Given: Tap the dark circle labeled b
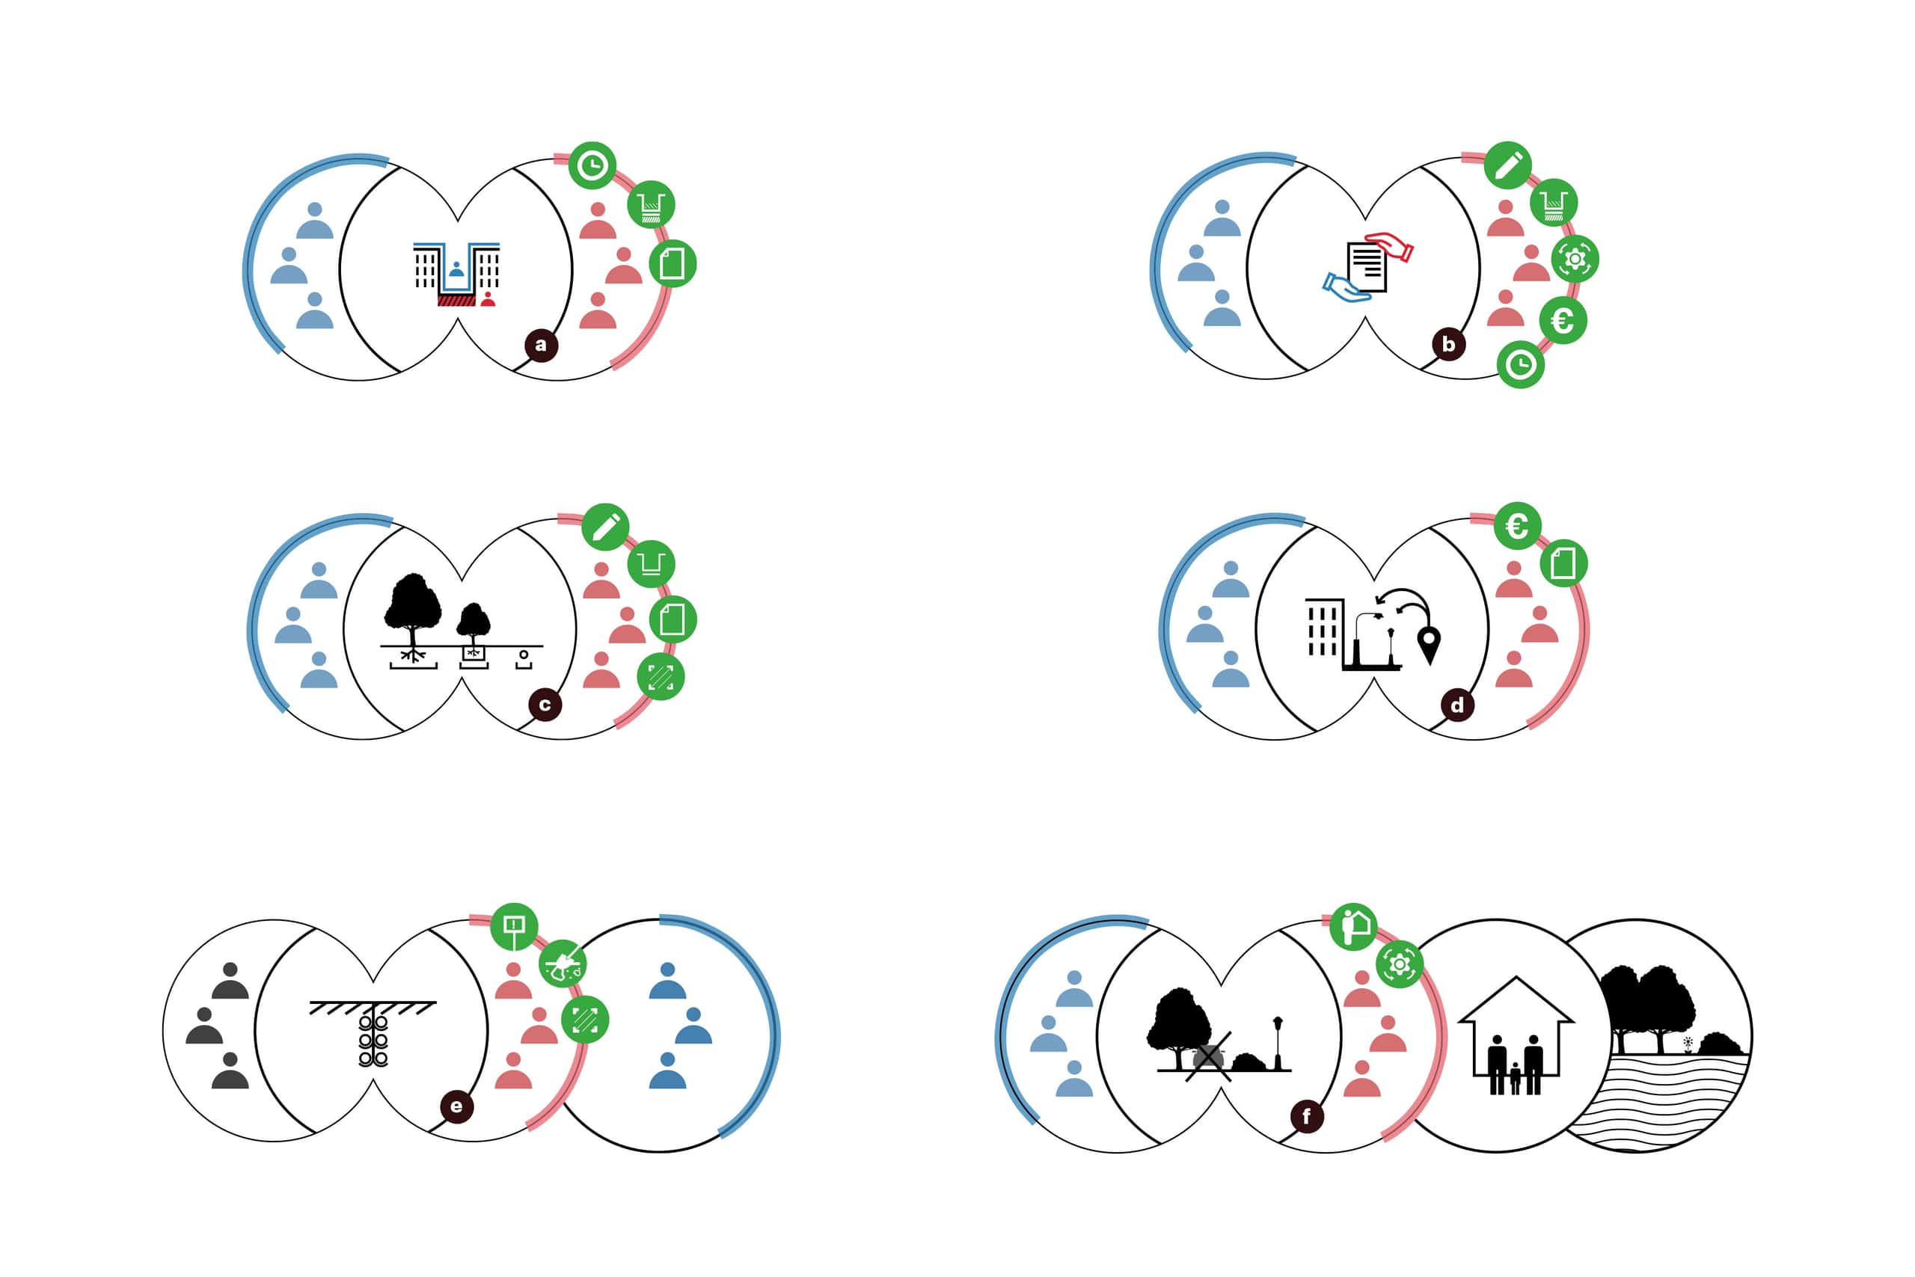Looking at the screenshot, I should point(1448,343).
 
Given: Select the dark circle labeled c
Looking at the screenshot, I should point(545,705).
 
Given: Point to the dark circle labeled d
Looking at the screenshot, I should point(1457,705).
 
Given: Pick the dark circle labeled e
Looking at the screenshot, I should point(456,1106).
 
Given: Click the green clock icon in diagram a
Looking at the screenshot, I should point(592,165).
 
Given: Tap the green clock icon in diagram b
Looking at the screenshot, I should point(1520,364).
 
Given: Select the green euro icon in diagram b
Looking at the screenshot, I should point(1563,320).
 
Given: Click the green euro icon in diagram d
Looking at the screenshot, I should point(1517,525).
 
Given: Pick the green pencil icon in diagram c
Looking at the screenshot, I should point(605,527).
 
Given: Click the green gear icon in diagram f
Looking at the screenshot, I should point(1400,964).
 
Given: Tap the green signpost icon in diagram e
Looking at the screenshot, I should point(514,927).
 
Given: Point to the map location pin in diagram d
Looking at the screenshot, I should point(1429,644).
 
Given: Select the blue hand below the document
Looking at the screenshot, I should point(1345,288).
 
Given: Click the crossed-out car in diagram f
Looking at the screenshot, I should point(1207,1057).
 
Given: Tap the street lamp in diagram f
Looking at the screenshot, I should point(1278,1042).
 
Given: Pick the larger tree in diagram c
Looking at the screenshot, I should point(413,607).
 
